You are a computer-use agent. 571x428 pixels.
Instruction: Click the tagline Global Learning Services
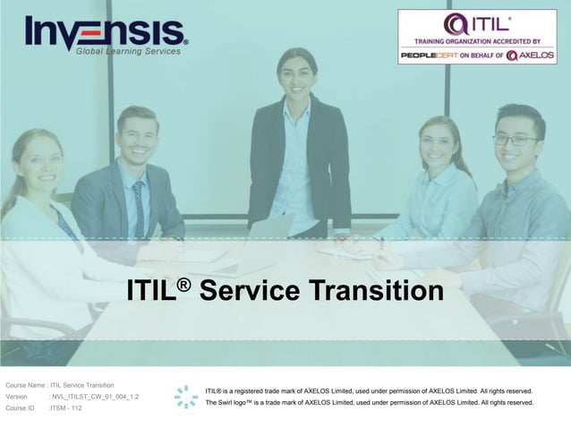coord(128,51)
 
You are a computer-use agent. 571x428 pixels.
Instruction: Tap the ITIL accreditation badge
coord(476,36)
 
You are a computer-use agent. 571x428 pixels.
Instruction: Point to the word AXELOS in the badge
coord(536,55)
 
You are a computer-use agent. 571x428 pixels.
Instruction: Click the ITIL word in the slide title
coord(152,292)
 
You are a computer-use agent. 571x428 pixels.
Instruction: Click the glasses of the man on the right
coord(516,140)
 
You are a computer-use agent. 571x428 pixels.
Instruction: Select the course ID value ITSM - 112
coord(66,407)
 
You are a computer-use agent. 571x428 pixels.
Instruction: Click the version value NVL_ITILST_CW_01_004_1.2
coord(95,396)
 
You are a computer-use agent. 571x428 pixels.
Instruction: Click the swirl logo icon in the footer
coord(186,397)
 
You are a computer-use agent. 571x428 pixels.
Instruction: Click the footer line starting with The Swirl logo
coord(369,403)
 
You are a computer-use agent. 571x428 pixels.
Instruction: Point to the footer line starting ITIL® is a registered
coord(369,391)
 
